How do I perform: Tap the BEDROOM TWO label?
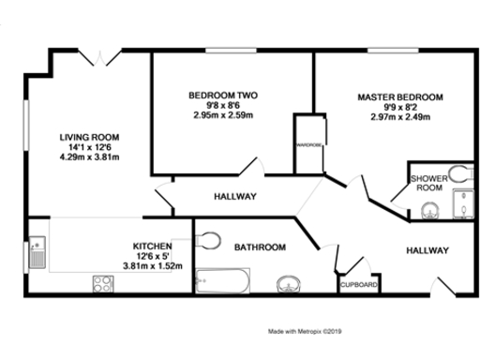tap(223, 96)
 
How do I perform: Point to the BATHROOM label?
tap(260, 247)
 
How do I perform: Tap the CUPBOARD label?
tap(358, 284)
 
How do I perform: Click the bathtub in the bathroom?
tap(222, 280)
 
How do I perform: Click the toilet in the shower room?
tap(457, 172)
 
